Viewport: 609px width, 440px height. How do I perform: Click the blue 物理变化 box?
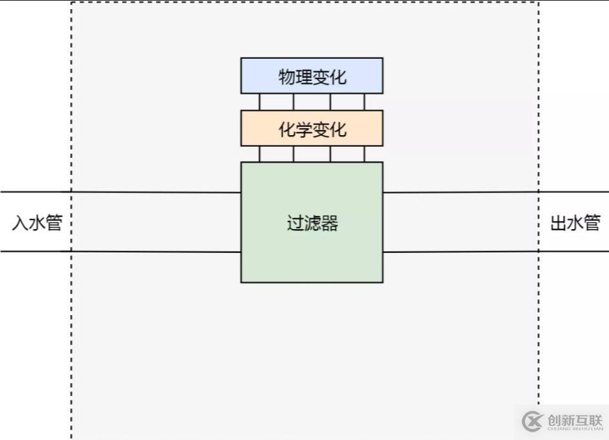tap(312, 76)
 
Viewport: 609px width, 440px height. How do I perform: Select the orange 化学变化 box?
tap(312, 128)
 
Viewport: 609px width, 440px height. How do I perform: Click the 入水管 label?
tap(37, 223)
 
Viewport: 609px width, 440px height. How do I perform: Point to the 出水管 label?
tap(575, 223)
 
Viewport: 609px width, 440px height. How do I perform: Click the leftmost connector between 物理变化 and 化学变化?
tap(259, 102)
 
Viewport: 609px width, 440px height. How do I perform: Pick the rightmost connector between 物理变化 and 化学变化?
tap(364, 102)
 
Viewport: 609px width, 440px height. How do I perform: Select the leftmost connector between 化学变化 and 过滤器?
tap(259, 154)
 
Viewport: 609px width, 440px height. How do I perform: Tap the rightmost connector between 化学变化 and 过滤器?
tap(364, 154)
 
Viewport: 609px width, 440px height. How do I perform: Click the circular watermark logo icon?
tap(532, 421)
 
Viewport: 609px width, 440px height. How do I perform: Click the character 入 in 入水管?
tap(19, 223)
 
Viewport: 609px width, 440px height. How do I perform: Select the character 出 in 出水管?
tap(558, 223)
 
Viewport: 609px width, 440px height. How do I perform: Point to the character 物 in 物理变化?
tap(286, 77)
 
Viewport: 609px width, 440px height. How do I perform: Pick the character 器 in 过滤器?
tap(330, 224)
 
